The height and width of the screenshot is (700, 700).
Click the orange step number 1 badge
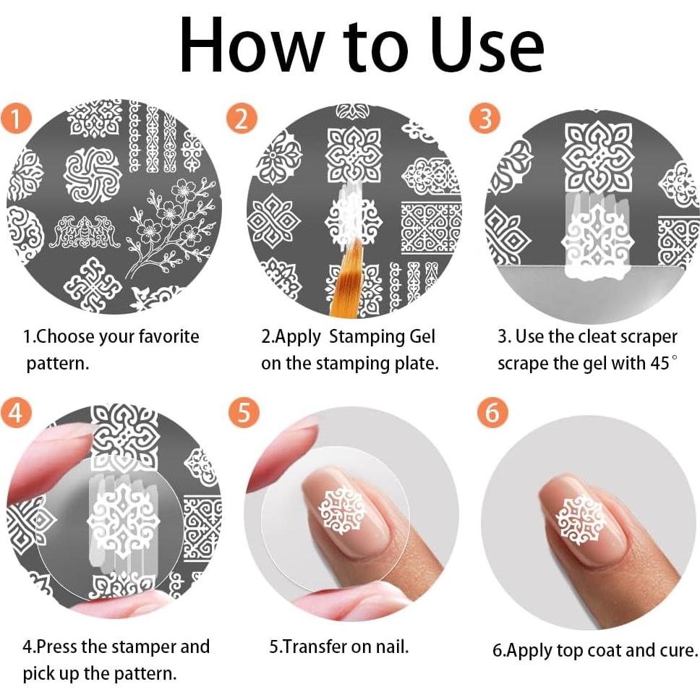[16, 119]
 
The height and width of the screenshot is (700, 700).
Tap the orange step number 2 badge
[242, 119]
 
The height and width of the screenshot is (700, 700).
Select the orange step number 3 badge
[485, 118]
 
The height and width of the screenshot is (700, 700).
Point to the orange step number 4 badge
[16, 412]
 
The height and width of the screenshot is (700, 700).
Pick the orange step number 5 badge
[244, 412]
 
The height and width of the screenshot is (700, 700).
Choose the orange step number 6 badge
[492, 412]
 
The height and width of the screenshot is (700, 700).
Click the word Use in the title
[488, 46]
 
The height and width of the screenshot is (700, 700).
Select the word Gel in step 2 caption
[422, 336]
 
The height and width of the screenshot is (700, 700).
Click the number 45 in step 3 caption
[659, 363]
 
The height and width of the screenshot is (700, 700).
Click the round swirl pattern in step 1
[93, 175]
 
